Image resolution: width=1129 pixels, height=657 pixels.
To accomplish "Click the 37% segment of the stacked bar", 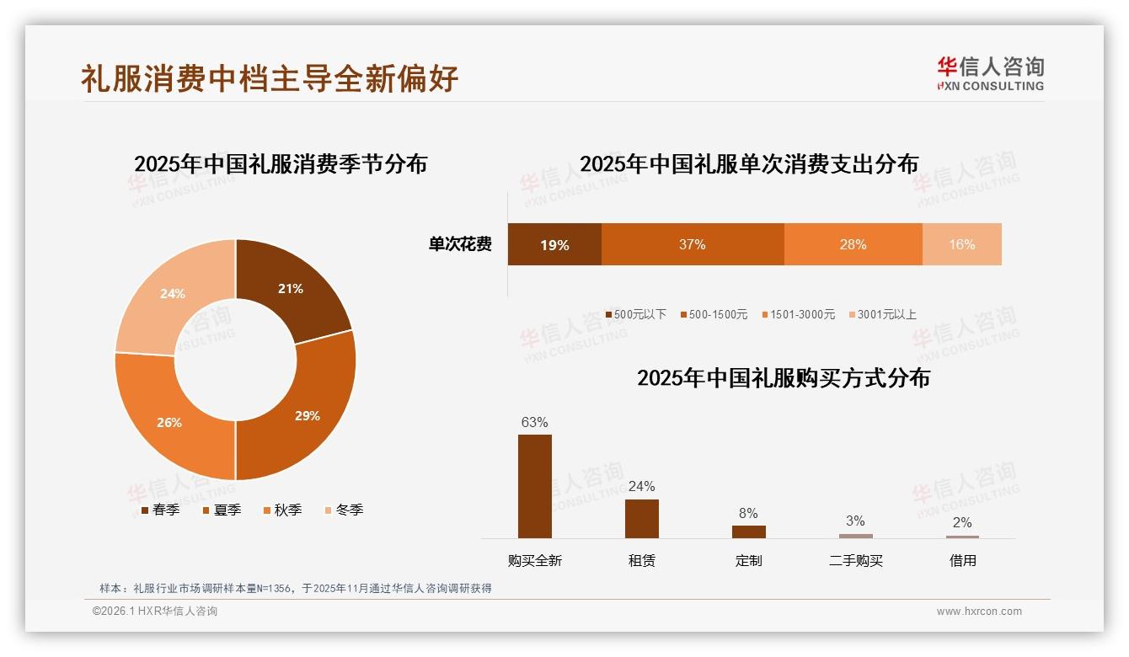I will pos(692,244).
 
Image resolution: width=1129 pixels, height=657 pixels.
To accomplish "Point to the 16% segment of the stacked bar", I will pos(961,244).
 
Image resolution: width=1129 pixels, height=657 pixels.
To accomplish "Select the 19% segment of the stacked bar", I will pos(554,245).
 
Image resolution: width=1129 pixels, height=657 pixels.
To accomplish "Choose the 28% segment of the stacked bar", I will pos(853,244).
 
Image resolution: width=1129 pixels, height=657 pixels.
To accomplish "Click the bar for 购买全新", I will pos(534,486).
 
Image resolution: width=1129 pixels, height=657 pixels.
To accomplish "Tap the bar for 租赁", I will pos(641,518).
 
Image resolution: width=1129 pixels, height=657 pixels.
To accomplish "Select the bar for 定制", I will pos(748,531).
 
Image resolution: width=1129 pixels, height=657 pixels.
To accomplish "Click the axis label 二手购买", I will pos(855,561).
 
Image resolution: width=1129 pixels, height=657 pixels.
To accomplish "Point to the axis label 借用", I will pos(962,561).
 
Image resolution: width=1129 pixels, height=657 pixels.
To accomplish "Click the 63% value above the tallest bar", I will pos(534,422).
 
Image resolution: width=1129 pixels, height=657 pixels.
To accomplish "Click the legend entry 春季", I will pos(160,510).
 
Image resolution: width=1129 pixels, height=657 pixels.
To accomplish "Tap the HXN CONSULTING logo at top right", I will pos(990,73).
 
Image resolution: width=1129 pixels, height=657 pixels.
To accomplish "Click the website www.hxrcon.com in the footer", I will pos(979,612).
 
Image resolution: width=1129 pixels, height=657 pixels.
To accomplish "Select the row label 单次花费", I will pos(460,244).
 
